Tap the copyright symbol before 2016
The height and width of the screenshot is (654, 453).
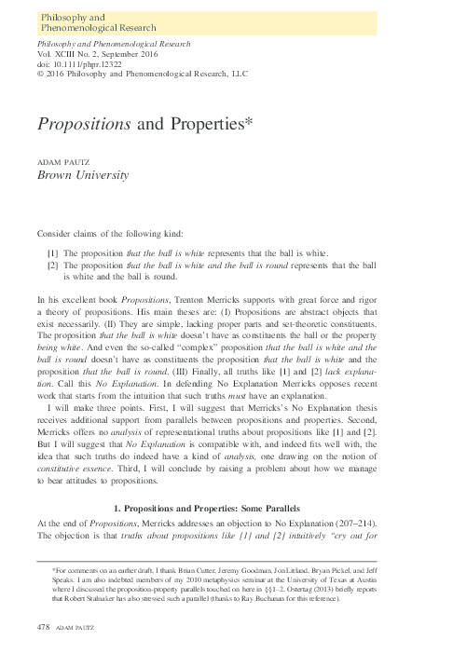point(38,71)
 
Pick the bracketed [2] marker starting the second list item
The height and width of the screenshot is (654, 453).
point(52,266)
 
